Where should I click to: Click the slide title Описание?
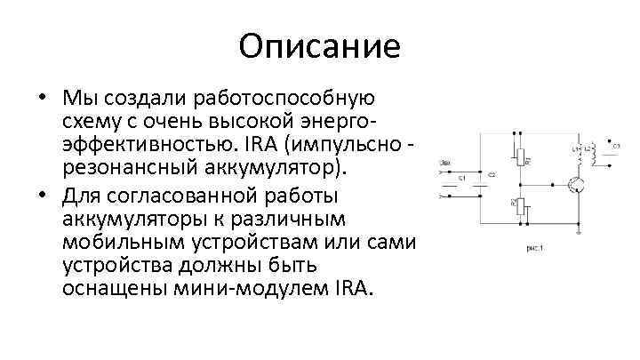click(320, 45)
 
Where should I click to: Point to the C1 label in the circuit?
click(463, 179)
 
